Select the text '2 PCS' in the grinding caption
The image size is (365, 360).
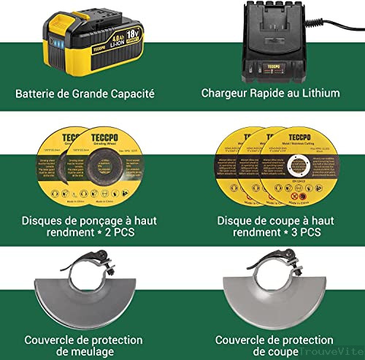[x=119, y=234]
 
